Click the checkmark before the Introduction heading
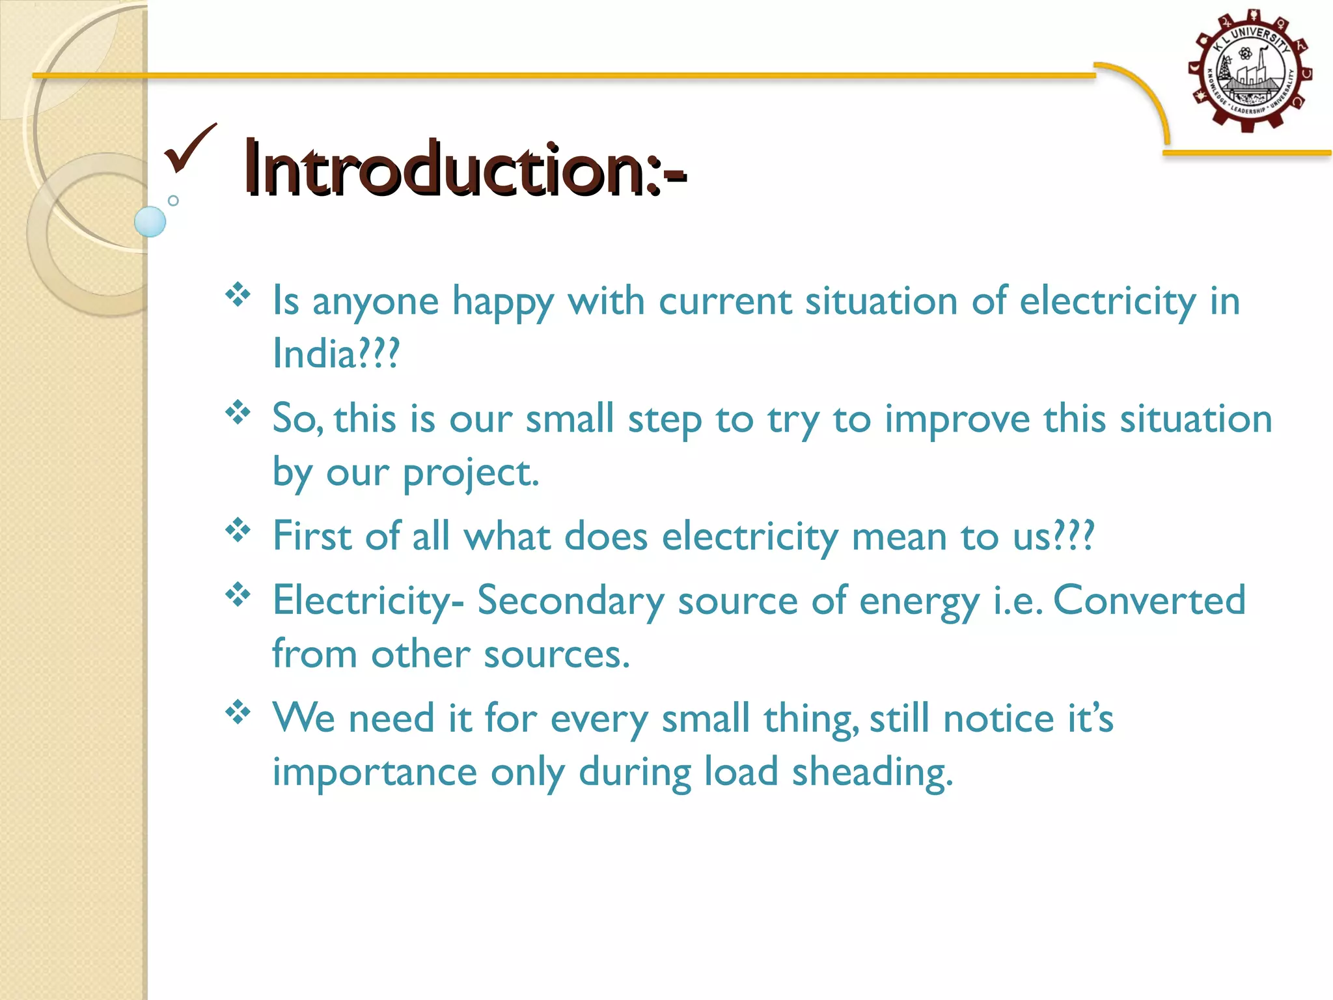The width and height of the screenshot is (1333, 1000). [189, 148]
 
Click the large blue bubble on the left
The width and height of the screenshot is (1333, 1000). [150, 221]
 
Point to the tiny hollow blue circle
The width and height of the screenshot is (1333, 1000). [173, 201]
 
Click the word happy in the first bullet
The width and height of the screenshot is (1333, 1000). [503, 301]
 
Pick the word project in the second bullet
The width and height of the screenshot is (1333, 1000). [471, 473]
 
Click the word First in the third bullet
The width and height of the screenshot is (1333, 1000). [312, 536]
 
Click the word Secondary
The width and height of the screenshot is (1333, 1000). [571, 600]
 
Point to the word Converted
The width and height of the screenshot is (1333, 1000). [1149, 600]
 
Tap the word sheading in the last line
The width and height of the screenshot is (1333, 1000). [872, 773]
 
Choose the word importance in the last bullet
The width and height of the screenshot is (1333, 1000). [375, 773]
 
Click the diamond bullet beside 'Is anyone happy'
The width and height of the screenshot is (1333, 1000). [238, 295]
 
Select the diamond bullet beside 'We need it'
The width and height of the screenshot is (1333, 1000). [238, 712]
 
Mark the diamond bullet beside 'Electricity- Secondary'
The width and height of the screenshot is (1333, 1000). [238, 594]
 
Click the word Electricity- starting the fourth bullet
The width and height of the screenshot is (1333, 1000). [368, 600]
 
